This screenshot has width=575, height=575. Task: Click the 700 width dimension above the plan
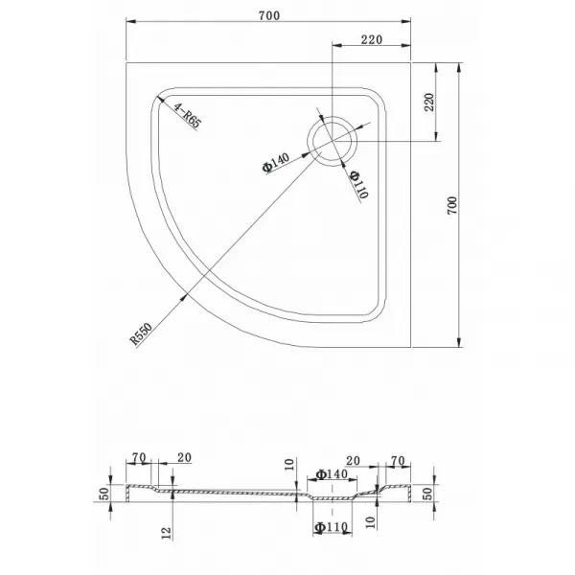(x=269, y=15)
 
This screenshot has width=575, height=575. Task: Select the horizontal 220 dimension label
(x=372, y=39)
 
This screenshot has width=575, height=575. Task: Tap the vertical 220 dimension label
(x=429, y=103)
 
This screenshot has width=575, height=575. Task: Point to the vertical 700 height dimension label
(x=452, y=206)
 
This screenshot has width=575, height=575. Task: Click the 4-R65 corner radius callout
(x=187, y=116)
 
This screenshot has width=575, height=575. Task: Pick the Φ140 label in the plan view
(x=276, y=163)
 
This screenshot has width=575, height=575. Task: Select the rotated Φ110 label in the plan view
(x=359, y=184)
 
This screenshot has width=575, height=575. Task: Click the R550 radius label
(x=141, y=334)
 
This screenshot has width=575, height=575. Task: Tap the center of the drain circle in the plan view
(x=332, y=141)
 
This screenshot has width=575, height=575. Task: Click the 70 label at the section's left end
(x=139, y=458)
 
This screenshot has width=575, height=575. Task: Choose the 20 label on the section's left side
(x=184, y=457)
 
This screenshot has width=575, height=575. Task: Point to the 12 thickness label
(x=166, y=533)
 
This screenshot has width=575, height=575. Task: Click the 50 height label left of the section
(x=104, y=494)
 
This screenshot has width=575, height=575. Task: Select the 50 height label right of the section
(x=427, y=494)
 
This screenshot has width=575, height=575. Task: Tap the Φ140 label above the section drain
(x=332, y=474)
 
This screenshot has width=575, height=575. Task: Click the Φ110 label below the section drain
(x=331, y=527)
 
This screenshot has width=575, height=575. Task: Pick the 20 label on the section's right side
(x=353, y=461)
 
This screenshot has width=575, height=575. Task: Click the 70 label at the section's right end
(x=398, y=461)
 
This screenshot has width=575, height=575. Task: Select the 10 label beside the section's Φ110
(x=371, y=522)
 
